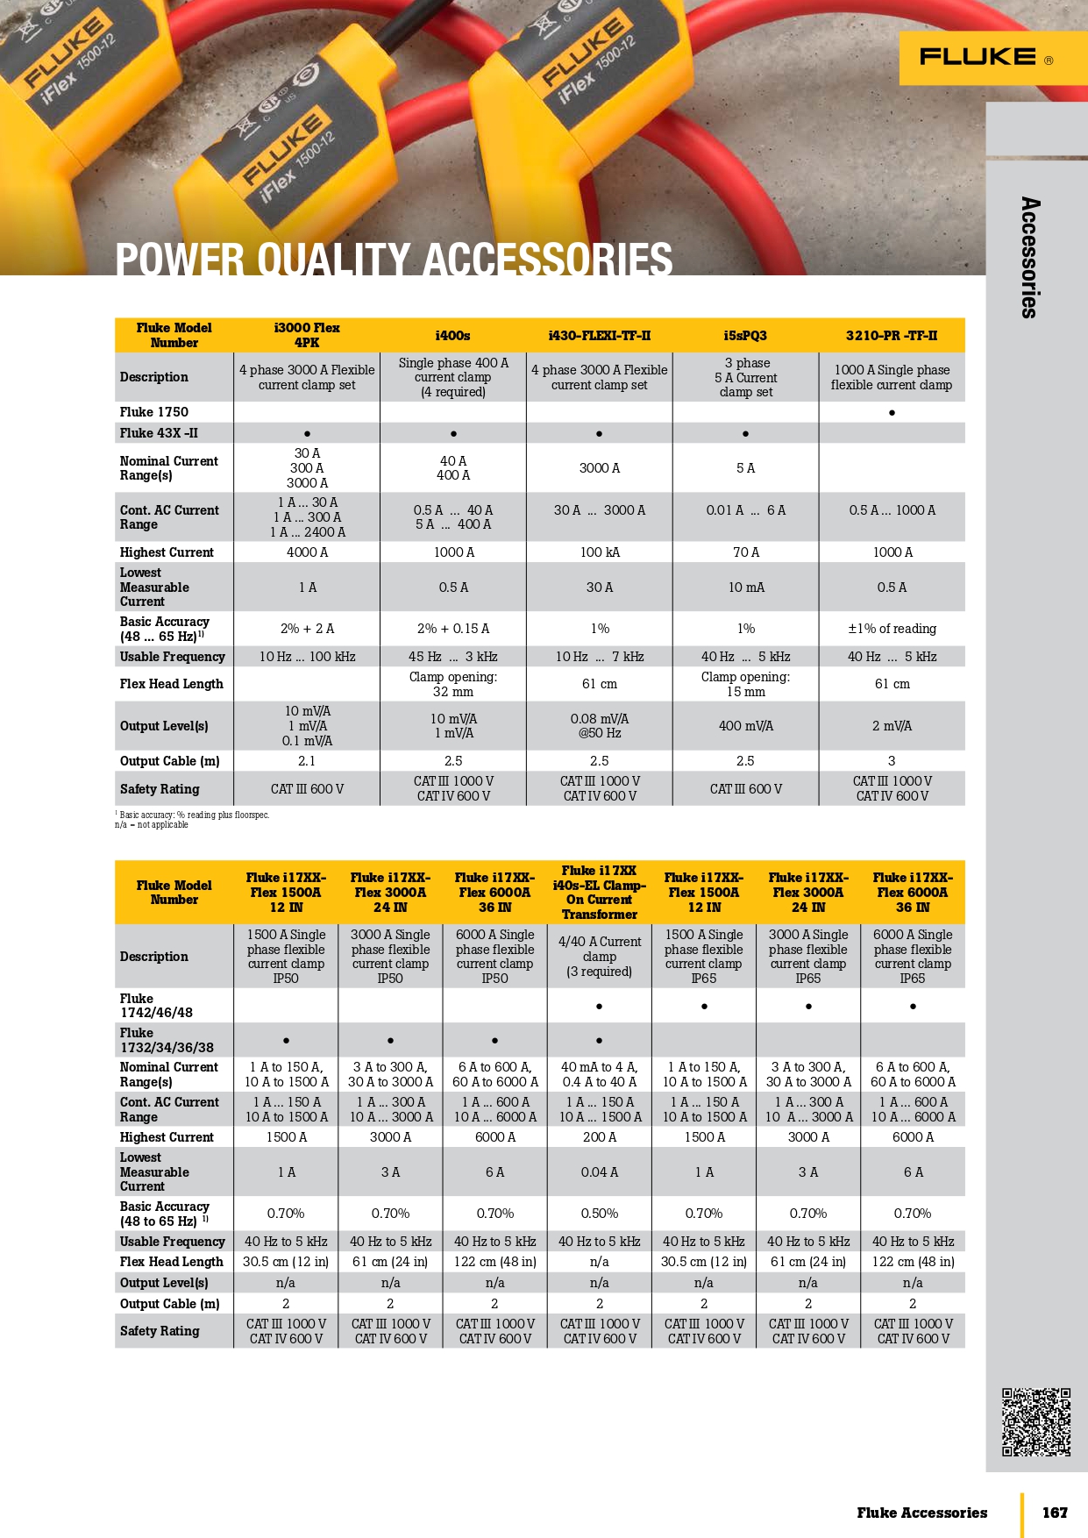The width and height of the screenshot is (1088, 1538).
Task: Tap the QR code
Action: (1036, 1421)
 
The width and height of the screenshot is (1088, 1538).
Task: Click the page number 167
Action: (1055, 1513)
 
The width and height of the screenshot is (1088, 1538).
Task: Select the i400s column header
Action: (452, 336)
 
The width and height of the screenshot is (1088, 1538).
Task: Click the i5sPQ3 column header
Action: (745, 336)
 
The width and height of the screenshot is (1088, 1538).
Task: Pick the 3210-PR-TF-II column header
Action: (891, 336)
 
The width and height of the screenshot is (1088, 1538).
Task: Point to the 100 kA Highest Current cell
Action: (600, 552)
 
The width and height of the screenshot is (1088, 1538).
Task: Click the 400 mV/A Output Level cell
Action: (745, 726)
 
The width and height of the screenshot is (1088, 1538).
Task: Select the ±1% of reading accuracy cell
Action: (892, 629)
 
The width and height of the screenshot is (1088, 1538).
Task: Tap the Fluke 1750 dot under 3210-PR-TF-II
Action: (892, 412)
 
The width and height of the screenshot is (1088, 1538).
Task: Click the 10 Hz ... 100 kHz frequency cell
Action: (307, 657)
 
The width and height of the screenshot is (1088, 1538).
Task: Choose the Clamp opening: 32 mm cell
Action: (452, 684)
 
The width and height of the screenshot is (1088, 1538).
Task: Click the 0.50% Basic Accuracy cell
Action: (600, 1214)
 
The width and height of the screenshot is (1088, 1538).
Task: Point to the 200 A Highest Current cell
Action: (600, 1137)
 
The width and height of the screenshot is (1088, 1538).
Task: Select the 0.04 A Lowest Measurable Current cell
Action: (600, 1172)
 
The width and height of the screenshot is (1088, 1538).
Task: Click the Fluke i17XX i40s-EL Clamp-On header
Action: (600, 893)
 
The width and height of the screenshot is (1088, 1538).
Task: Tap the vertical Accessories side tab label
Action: (1030, 257)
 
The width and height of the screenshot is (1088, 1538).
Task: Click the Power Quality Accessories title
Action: (394, 260)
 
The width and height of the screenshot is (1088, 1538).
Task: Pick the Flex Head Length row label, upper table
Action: (172, 684)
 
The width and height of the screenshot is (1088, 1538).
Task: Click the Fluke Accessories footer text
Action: (921, 1513)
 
